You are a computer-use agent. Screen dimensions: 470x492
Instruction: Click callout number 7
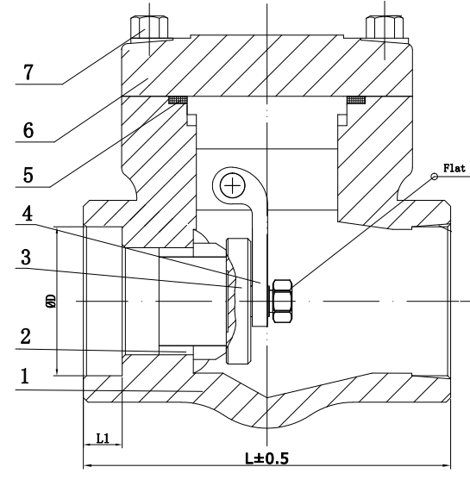[28, 72]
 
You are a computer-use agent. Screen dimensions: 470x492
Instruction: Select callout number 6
[28, 130]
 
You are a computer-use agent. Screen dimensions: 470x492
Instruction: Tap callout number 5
[28, 175]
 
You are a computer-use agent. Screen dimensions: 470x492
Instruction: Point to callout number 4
[28, 214]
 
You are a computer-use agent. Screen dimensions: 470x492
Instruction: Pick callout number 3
[26, 258]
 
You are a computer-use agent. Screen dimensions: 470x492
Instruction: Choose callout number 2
[25, 336]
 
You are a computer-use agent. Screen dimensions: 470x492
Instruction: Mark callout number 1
[25, 376]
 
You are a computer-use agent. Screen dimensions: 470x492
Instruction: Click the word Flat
[454, 168]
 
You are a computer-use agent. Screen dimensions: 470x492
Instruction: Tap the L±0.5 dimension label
[266, 458]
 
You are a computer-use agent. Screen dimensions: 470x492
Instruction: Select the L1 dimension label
[103, 438]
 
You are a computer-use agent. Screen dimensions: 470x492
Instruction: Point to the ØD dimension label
[52, 301]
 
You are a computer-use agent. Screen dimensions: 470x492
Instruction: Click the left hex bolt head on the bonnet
[149, 27]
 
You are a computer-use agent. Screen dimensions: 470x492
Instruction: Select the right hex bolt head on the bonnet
[385, 28]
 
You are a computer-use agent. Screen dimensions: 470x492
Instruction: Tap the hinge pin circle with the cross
[232, 186]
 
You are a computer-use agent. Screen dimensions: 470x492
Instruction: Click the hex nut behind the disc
[282, 301]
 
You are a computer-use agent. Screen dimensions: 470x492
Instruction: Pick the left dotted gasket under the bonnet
[178, 100]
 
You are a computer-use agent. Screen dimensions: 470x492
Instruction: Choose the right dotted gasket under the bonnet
[356, 100]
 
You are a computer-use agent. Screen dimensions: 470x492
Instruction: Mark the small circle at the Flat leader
[434, 177]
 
